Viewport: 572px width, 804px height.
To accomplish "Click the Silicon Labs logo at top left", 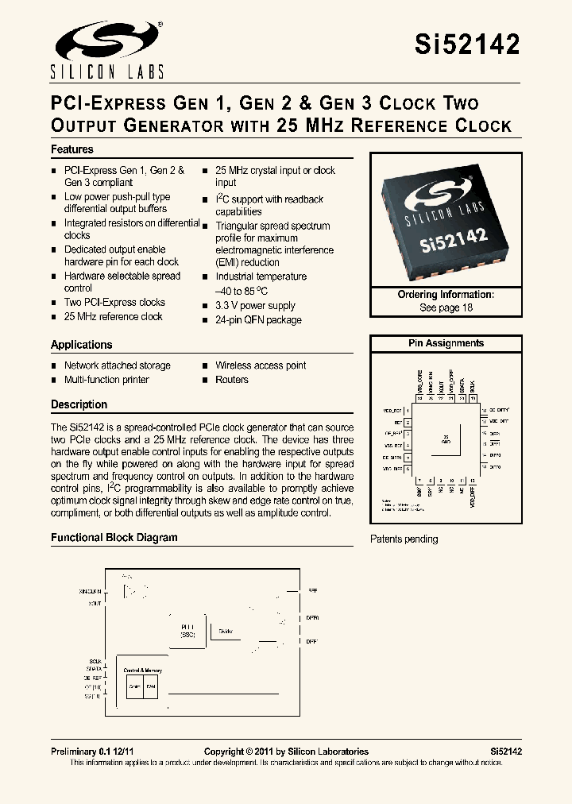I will (x=108, y=49).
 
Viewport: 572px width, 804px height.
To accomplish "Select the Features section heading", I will (x=72, y=149).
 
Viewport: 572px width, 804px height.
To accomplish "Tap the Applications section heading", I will (x=82, y=345).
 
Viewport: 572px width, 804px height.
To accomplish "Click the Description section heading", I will (x=79, y=404).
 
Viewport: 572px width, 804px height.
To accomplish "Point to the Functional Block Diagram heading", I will (x=114, y=538).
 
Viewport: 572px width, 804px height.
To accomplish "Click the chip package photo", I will (x=446, y=217).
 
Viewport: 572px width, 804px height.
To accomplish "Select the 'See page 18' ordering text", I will (x=446, y=307).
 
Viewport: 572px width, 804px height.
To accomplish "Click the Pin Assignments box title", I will (x=446, y=343).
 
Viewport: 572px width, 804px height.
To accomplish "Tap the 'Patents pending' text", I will (x=404, y=539).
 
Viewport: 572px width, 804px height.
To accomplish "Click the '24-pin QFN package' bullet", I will (x=258, y=320).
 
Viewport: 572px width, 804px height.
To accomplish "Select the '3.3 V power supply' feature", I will (x=255, y=306).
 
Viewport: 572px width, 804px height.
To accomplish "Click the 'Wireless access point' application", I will (x=261, y=365).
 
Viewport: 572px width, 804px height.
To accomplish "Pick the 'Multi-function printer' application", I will (x=106, y=380).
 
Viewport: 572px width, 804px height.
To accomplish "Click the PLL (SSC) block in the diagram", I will (x=187, y=630).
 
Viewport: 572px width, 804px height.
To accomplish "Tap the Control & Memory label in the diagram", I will (x=143, y=671).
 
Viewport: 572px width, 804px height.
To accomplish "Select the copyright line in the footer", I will (x=286, y=752).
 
